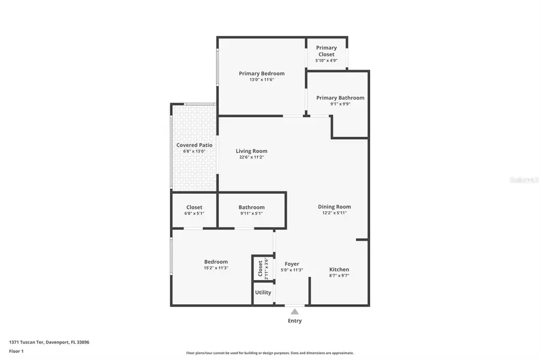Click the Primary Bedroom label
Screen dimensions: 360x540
(x=262, y=73)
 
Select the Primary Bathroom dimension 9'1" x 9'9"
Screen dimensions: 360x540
(x=340, y=104)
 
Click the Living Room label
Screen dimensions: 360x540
(x=251, y=151)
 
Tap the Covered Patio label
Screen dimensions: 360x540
(x=194, y=145)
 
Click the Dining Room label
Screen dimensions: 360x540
(x=334, y=206)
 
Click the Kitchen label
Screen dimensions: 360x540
(x=339, y=269)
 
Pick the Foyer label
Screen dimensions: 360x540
(x=292, y=263)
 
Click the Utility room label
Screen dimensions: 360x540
(x=263, y=292)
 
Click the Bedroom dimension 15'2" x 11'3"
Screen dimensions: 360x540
(x=215, y=268)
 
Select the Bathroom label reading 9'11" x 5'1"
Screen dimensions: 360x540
(x=251, y=208)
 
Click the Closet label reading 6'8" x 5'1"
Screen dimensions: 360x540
(x=194, y=208)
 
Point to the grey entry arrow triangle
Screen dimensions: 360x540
(x=294, y=311)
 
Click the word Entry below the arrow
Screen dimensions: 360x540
(x=294, y=320)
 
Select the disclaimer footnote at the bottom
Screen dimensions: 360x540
(x=270, y=353)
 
